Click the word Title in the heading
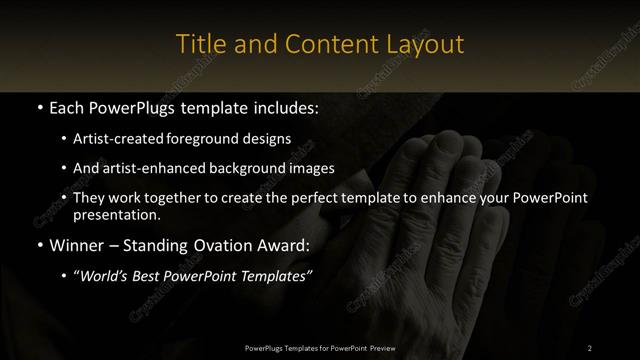198,44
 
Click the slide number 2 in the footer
590,347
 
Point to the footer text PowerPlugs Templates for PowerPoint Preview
319,347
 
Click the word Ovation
232,245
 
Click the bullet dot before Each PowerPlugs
38,106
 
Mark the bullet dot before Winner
38,245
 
